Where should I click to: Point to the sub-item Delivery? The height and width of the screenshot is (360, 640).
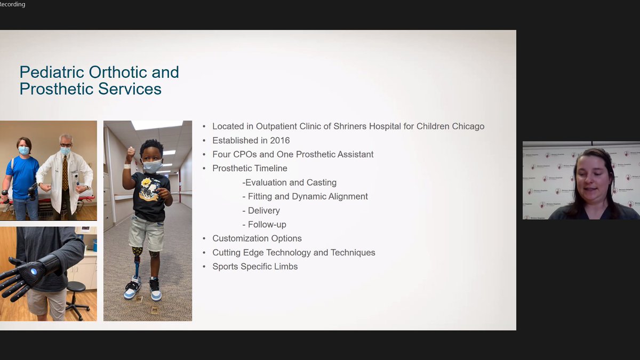click(x=263, y=211)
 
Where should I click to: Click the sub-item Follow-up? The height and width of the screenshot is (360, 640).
click(x=267, y=225)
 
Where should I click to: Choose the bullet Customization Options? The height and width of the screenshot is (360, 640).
click(x=257, y=238)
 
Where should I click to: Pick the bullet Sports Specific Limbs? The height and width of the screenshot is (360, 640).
click(x=255, y=266)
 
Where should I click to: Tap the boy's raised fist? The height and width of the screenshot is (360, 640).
click(x=131, y=153)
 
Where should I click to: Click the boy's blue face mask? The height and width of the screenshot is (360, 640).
click(x=152, y=166)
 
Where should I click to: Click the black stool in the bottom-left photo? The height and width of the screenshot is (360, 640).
click(x=77, y=296)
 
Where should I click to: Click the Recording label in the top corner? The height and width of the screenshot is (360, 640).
click(x=12, y=4)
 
